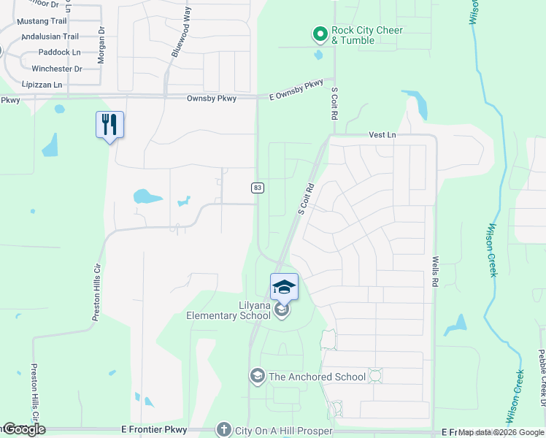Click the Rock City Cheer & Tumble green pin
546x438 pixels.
click(319, 34)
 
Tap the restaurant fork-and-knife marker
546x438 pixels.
click(109, 125)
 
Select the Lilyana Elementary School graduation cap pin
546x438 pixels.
click(284, 287)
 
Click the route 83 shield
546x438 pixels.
click(258, 188)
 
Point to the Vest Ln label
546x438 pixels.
click(382, 135)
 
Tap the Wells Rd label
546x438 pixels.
click(435, 270)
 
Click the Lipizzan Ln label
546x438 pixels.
click(42, 85)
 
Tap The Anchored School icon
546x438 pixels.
click(256, 377)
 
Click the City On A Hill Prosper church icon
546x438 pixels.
click(224, 430)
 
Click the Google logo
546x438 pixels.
click(23, 430)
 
